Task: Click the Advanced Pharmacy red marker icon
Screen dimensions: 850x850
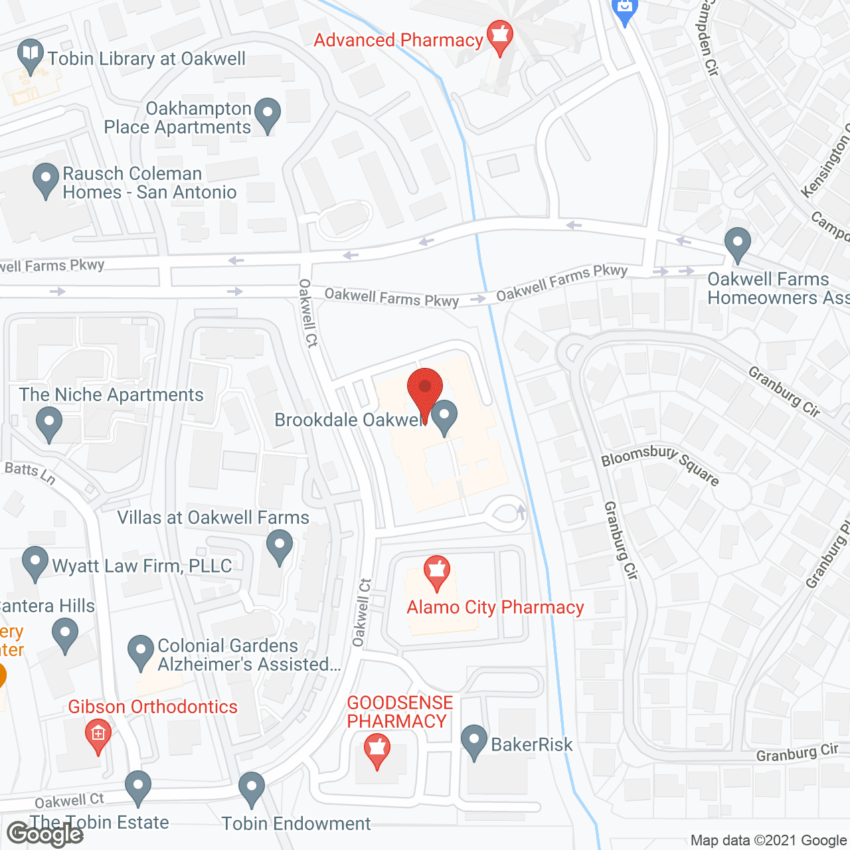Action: pos(499,37)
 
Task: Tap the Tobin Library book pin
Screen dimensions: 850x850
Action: pos(30,55)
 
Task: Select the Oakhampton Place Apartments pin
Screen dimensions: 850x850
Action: pos(268,114)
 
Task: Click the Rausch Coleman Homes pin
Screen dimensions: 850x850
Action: pos(46,179)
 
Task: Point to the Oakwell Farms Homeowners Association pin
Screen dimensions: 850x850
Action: pos(737,244)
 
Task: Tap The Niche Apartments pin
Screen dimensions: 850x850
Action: pos(48,423)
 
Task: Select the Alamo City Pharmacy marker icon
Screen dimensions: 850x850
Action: pos(437,572)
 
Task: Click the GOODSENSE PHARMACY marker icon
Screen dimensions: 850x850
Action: pos(377,751)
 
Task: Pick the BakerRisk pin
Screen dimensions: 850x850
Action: pos(474,741)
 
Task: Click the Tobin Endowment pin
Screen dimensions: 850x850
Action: pos(252,788)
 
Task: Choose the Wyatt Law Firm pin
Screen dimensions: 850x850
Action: pos(35,562)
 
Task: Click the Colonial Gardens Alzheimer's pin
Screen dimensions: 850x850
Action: pos(140,652)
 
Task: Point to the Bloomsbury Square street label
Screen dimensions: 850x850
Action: pos(659,464)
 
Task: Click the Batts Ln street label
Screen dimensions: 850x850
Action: pos(30,473)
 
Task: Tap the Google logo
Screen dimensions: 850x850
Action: pos(45,833)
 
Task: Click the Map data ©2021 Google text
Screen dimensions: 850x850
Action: pos(768,841)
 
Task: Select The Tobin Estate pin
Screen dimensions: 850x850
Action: pos(138,787)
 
